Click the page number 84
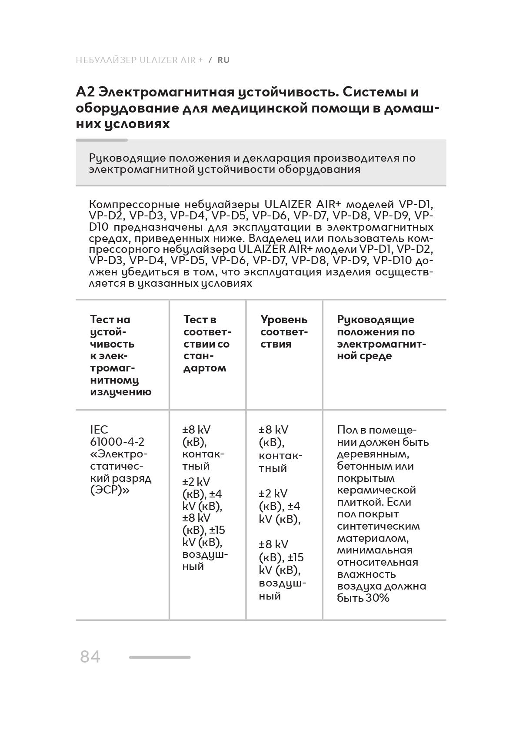pyautogui.click(x=90, y=656)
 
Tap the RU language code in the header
pyautogui.click(x=223, y=60)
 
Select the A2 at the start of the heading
pyautogui.click(x=85, y=92)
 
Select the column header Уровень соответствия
pyautogui.click(x=284, y=331)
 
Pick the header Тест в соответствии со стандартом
pyautogui.click(x=207, y=344)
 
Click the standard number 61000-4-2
pyautogui.click(x=117, y=442)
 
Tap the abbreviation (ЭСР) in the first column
pyautogui.click(x=106, y=490)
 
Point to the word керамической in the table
pyautogui.click(x=376, y=490)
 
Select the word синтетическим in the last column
pyautogui.click(x=378, y=526)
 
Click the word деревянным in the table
pyautogui.click(x=373, y=454)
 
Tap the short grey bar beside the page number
pyautogui.click(x=160, y=657)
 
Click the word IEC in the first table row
pyautogui.click(x=99, y=430)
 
